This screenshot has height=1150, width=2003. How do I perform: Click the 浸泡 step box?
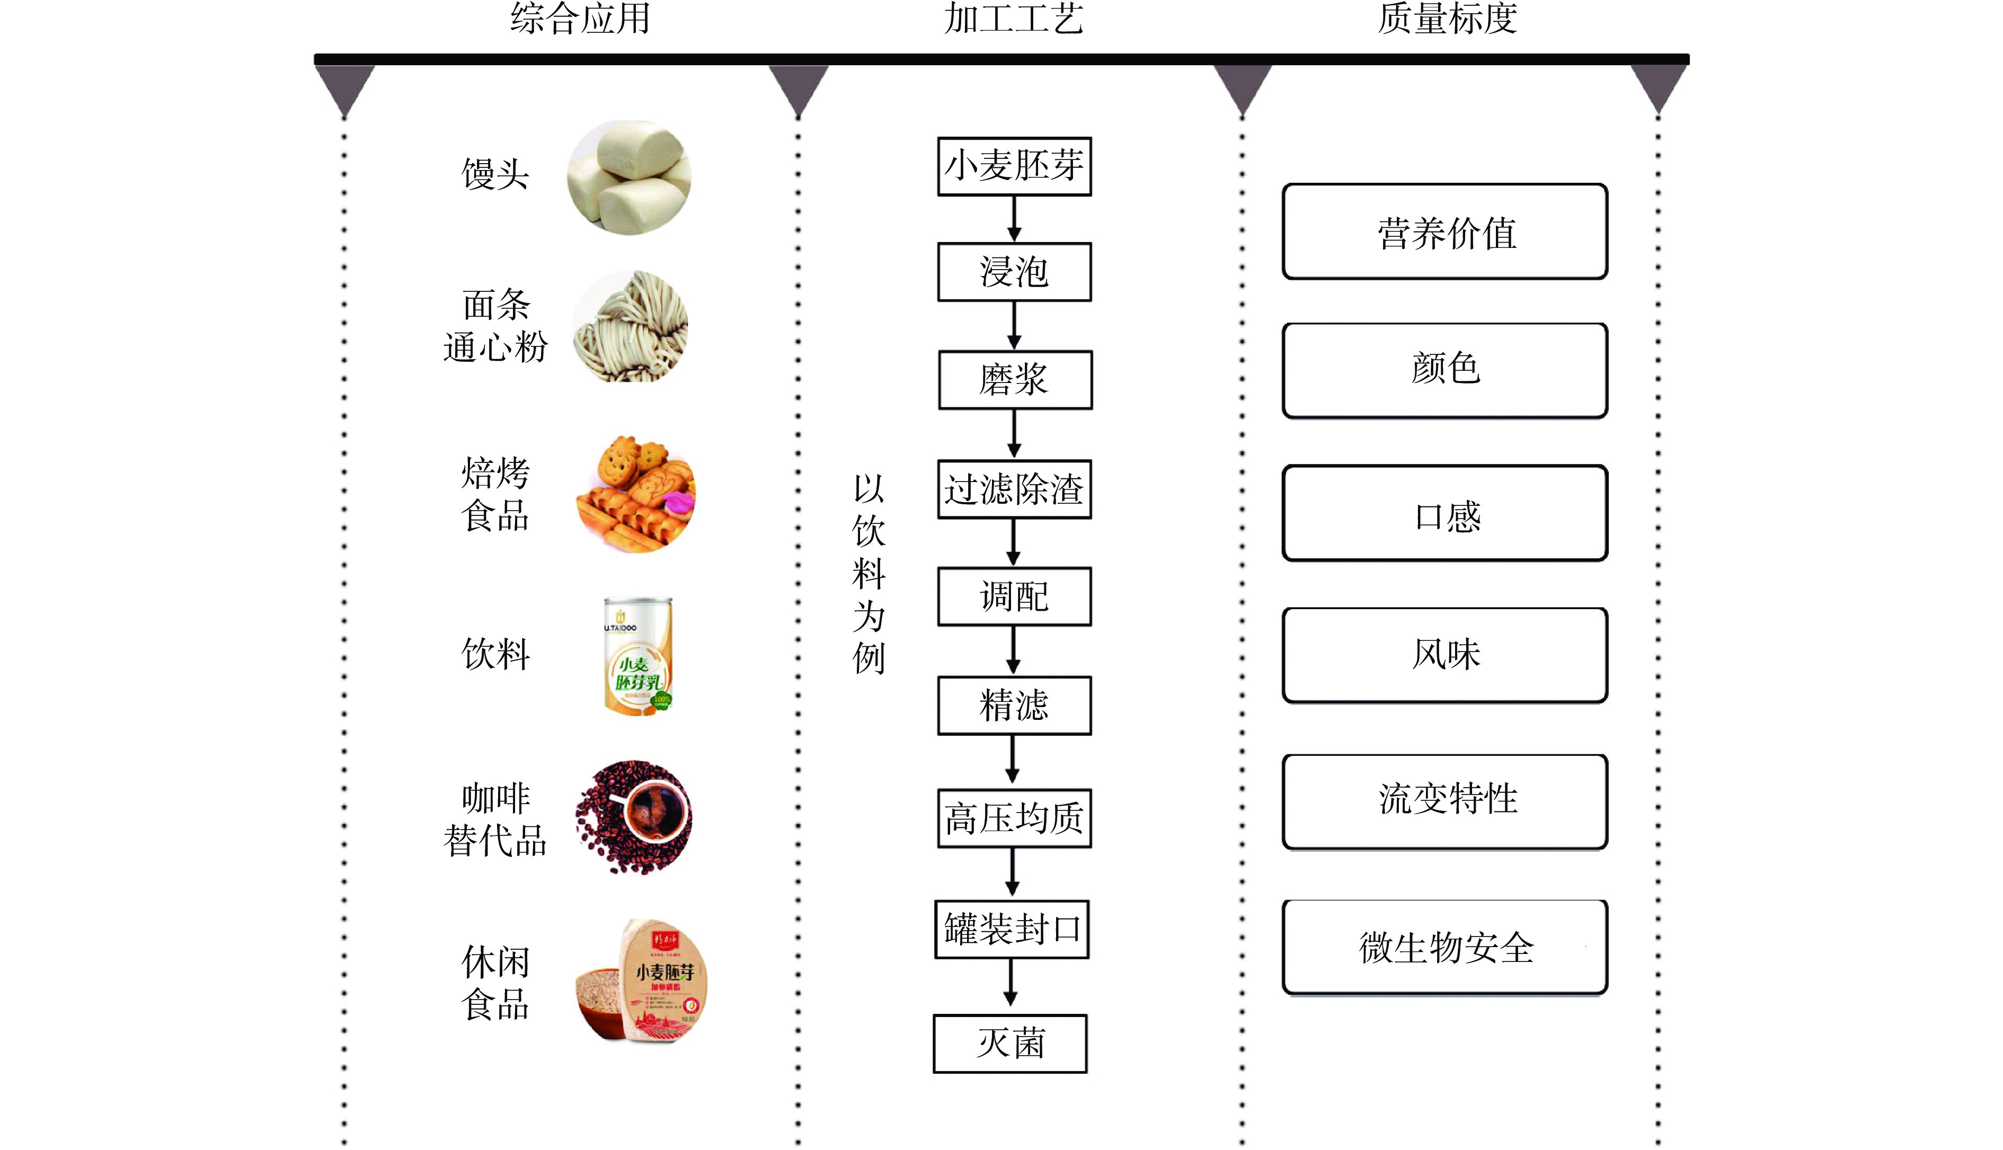click(1015, 272)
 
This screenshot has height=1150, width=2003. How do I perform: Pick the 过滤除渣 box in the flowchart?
click(1015, 489)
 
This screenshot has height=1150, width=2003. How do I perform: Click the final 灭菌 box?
click(1011, 1044)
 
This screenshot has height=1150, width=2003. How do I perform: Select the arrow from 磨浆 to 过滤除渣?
click(1015, 434)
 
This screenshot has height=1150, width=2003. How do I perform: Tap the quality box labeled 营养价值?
click(1445, 232)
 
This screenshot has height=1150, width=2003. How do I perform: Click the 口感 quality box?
click(1445, 513)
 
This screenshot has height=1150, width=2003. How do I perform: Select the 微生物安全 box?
click(1445, 947)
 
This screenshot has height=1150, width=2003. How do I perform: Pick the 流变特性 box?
click(1445, 801)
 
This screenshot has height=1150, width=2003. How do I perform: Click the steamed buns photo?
click(630, 177)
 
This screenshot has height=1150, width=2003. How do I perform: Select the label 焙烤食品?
click(495, 494)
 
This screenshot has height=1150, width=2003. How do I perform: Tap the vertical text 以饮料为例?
click(868, 574)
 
